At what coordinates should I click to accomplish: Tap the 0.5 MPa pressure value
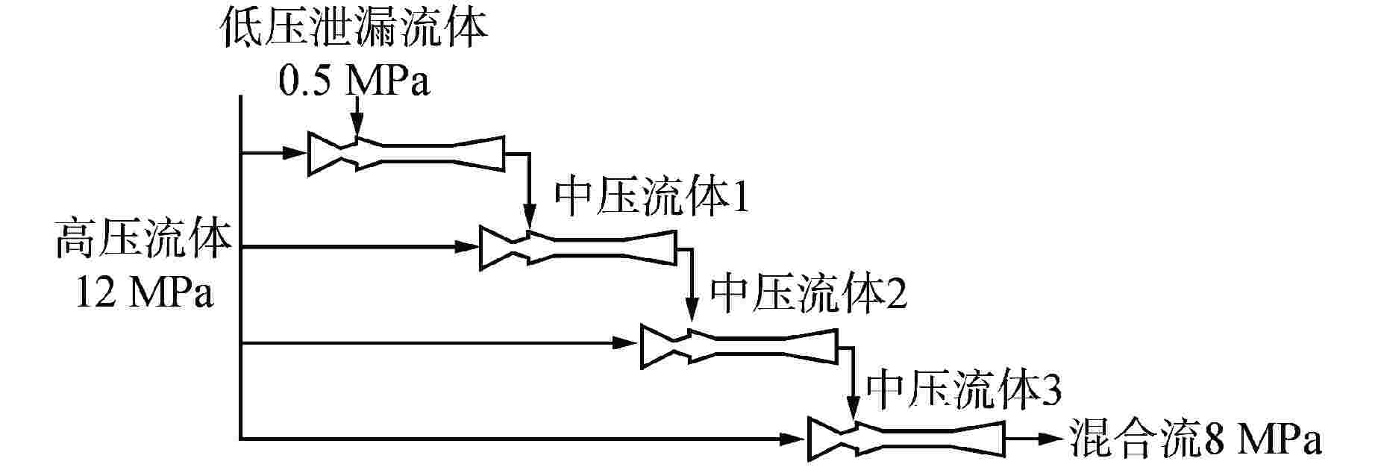point(354,81)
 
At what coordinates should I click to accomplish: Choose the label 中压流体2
point(809,295)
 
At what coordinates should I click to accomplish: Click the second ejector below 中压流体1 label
point(577,248)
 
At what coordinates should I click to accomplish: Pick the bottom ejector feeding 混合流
point(906,440)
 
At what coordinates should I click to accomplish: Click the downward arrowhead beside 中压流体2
point(692,316)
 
